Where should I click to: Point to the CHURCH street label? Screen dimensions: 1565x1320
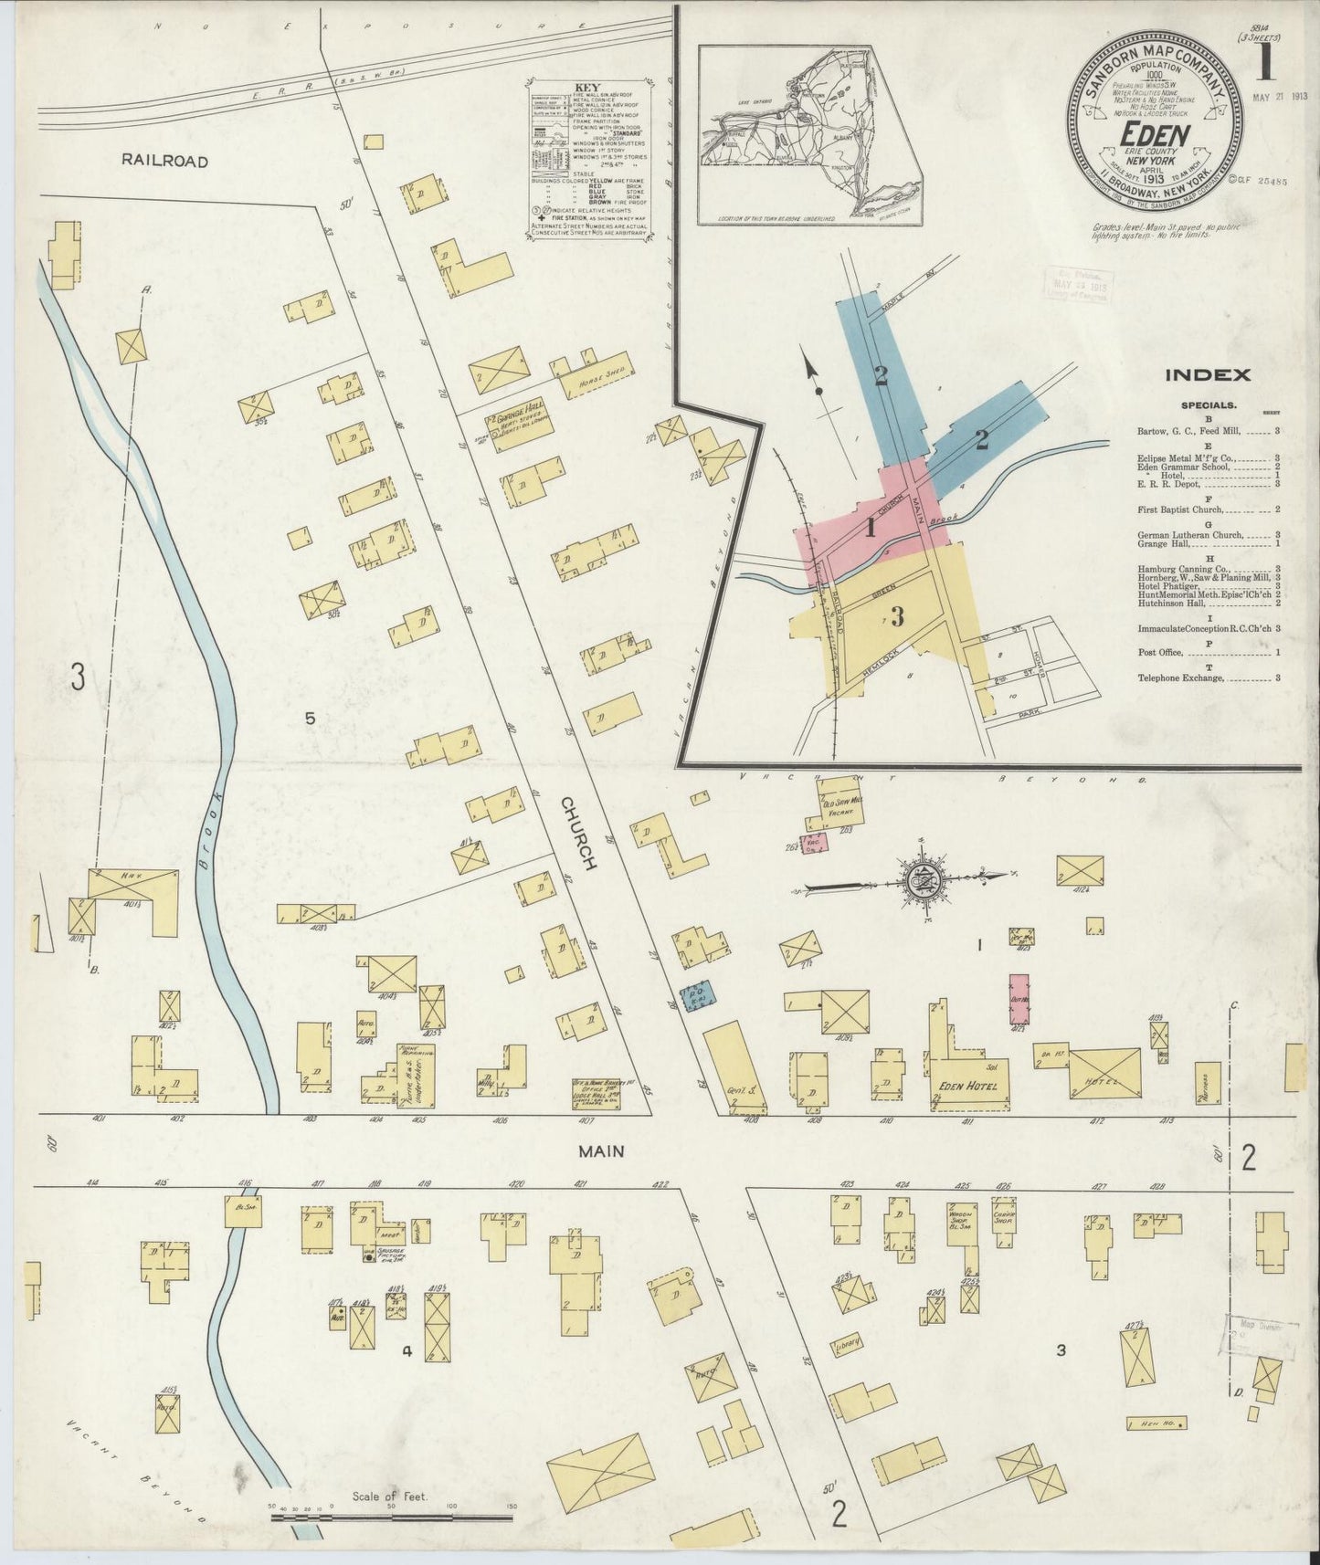[x=579, y=832]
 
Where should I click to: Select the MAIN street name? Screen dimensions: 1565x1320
[x=601, y=1151]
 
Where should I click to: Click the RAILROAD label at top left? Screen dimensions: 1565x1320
[x=165, y=161]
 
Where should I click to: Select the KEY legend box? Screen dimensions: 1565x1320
[x=588, y=161]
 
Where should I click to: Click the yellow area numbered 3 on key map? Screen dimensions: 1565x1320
[x=897, y=617]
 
